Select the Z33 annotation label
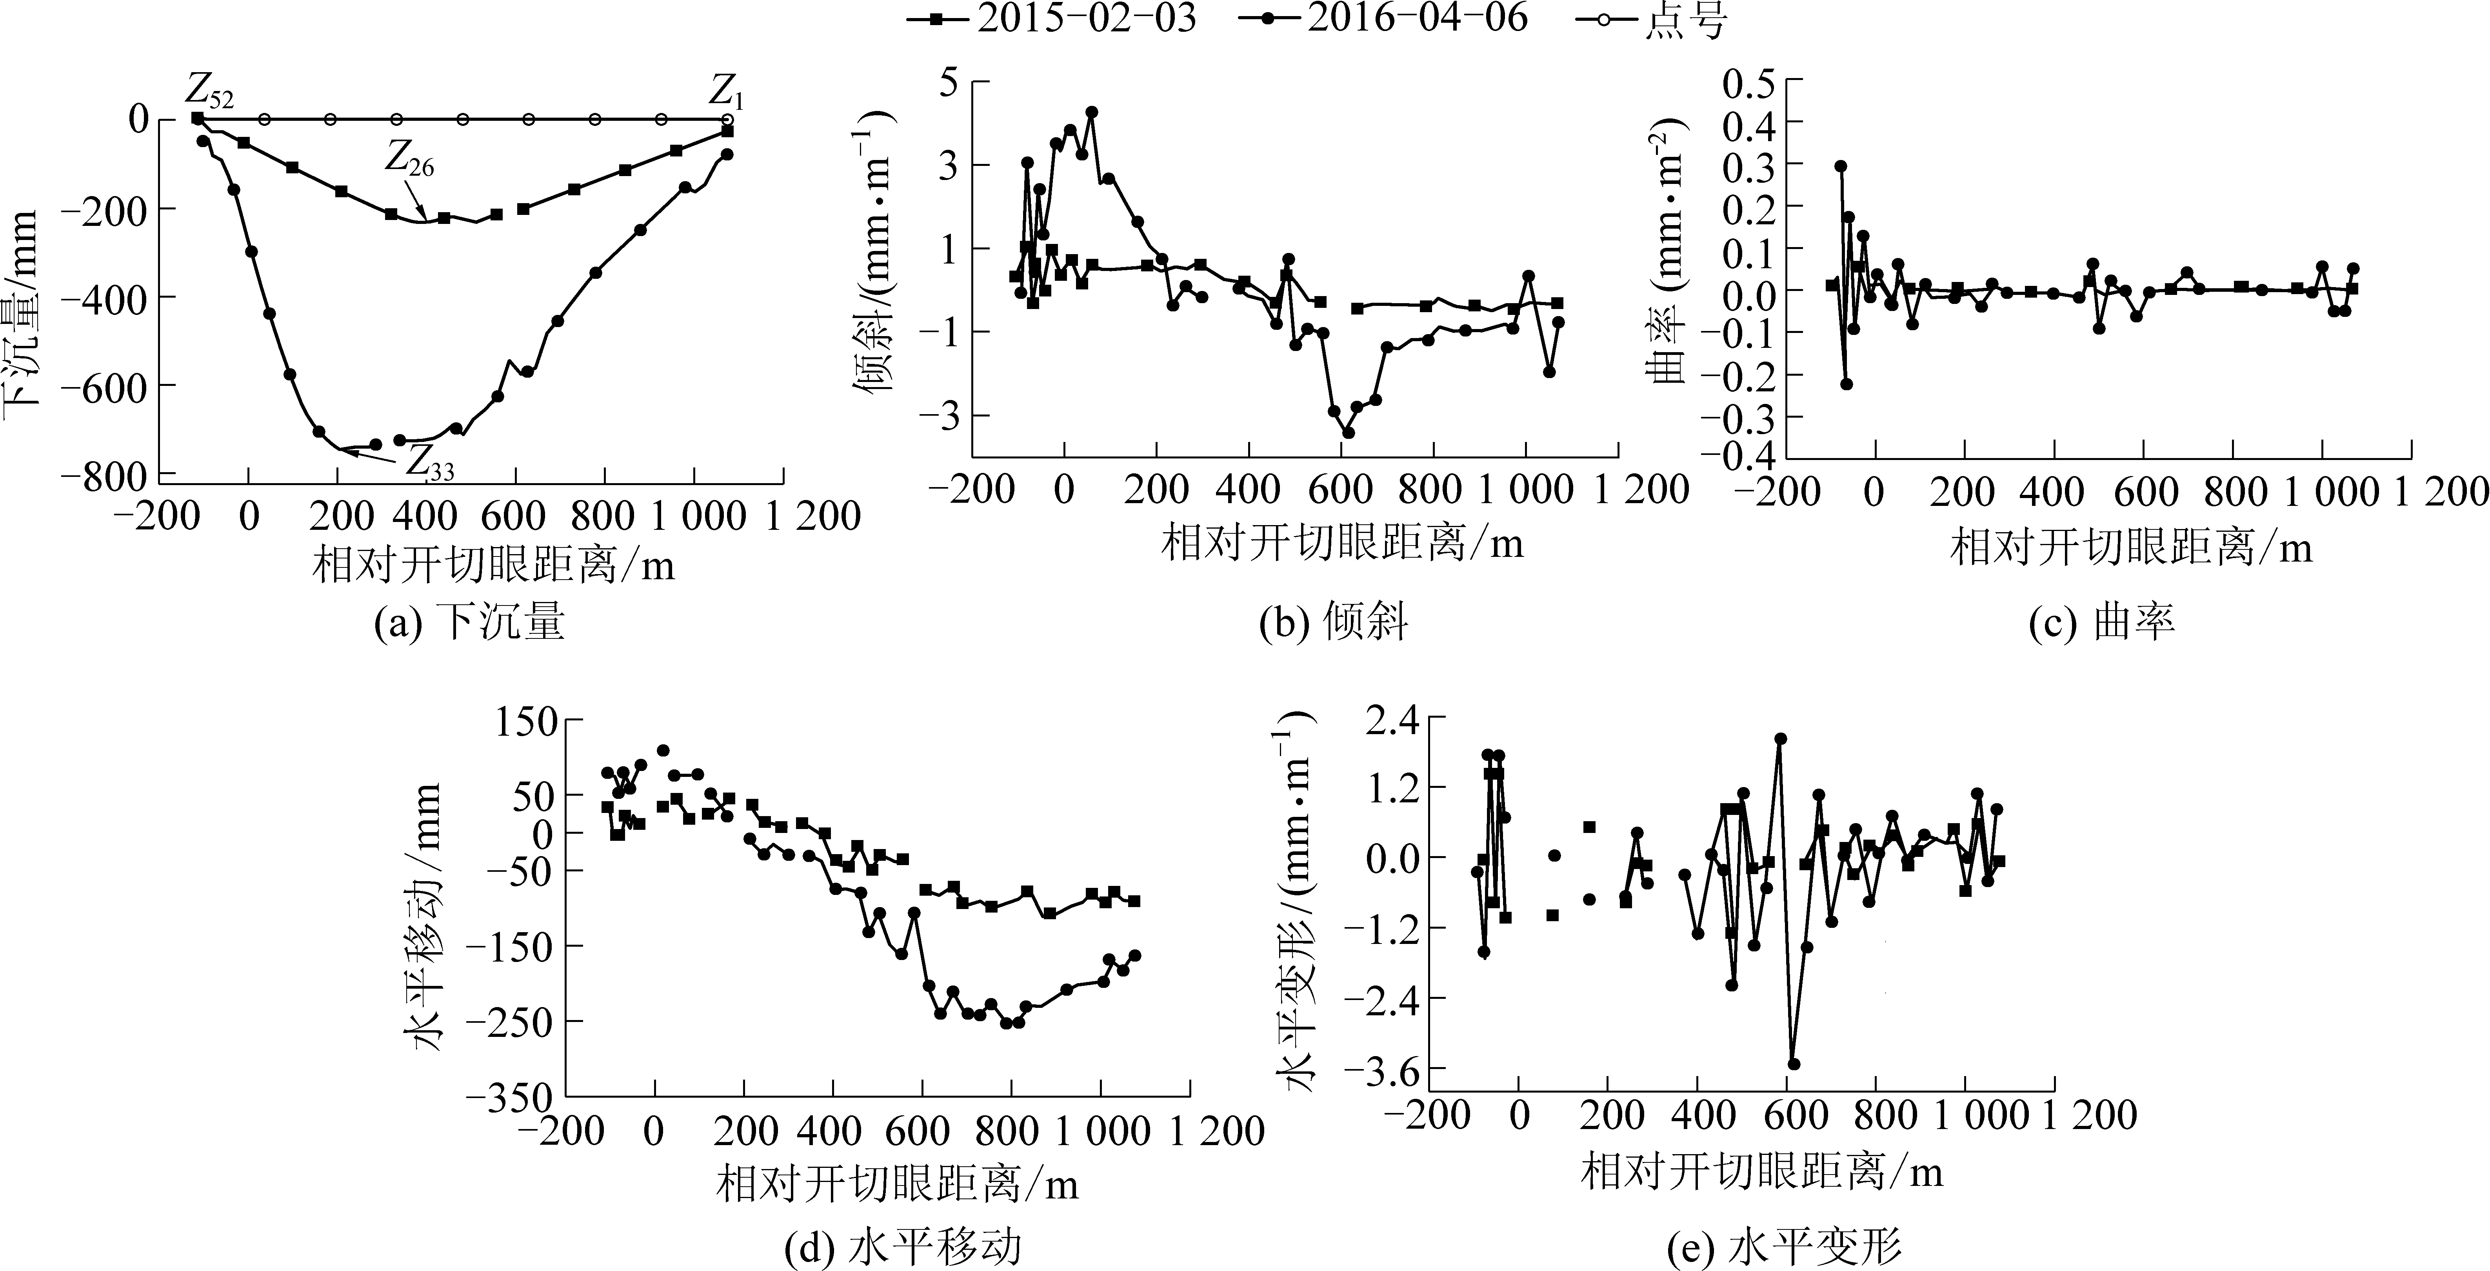[x=428, y=464]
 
